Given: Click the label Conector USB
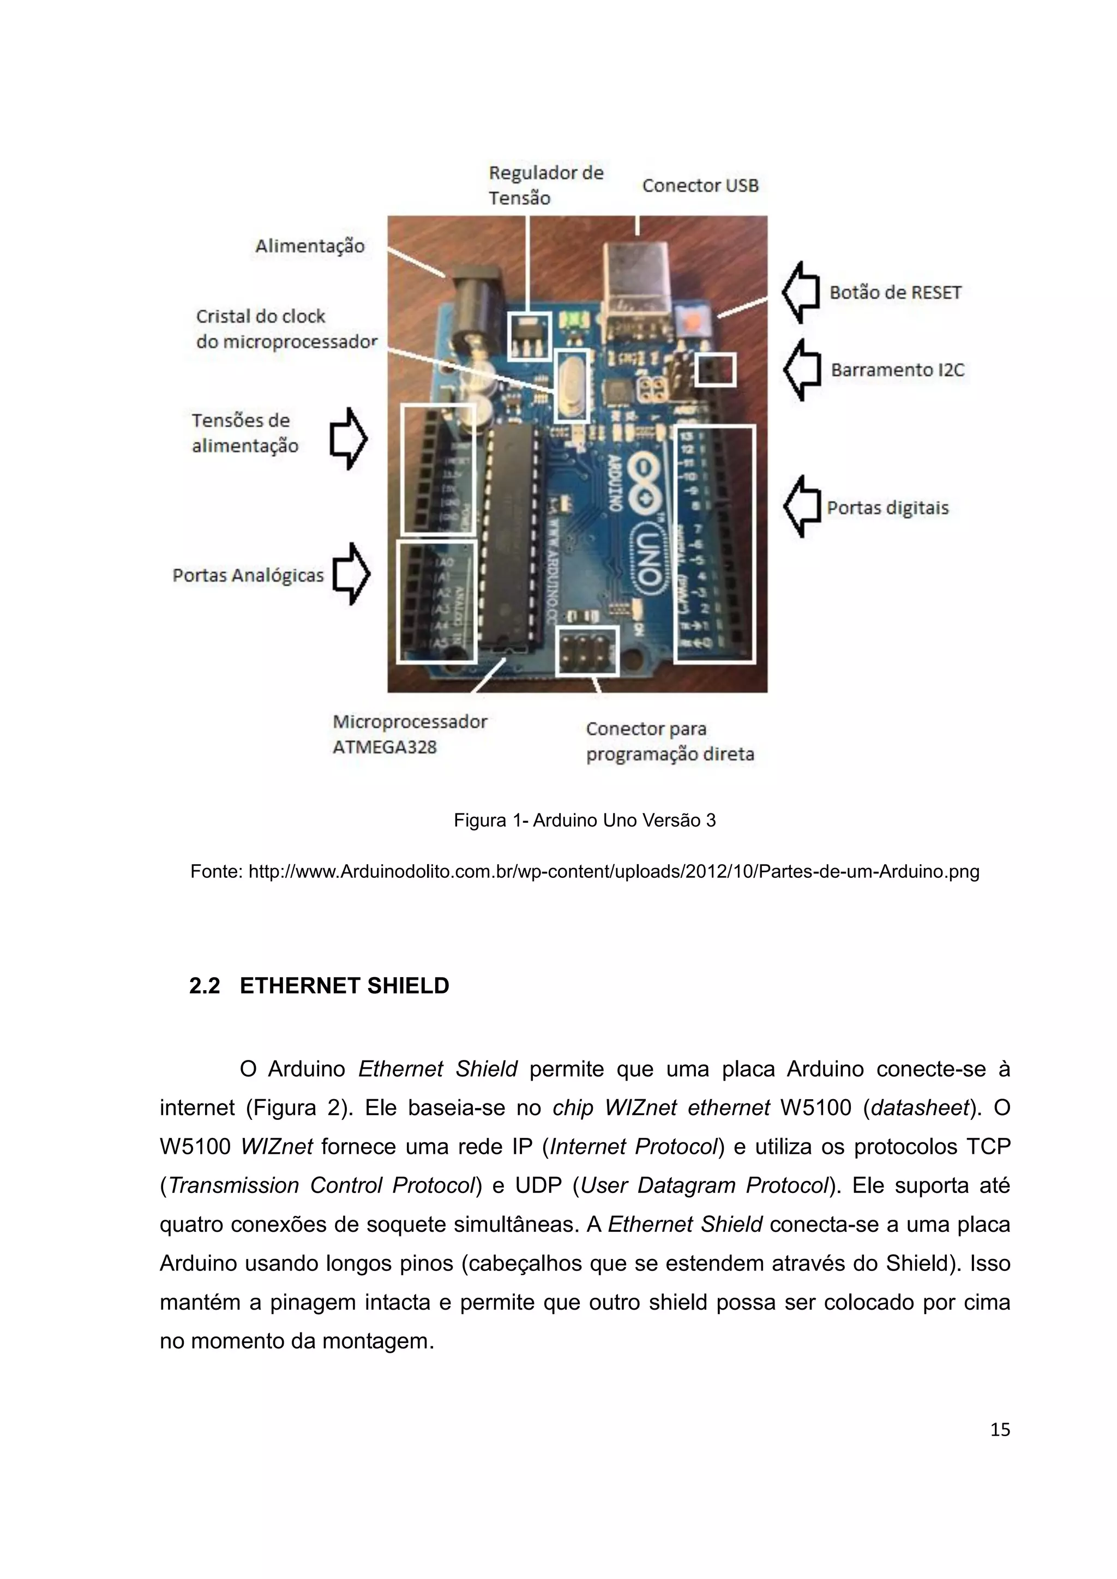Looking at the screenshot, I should coord(700,186).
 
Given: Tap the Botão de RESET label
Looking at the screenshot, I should coord(895,293).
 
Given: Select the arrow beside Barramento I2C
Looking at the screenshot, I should coord(802,370).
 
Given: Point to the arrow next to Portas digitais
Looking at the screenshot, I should coord(802,507).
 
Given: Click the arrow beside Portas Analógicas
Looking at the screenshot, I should coord(351,574).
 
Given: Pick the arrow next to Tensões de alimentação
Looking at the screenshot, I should coord(349,439).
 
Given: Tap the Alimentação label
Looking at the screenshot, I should coord(309,246).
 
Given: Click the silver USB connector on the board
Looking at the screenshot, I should coord(636,275).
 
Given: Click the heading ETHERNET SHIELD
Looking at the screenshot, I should coord(344,986).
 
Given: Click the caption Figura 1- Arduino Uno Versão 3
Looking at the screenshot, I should coord(585,821).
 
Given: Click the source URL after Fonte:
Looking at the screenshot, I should coord(614,872).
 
